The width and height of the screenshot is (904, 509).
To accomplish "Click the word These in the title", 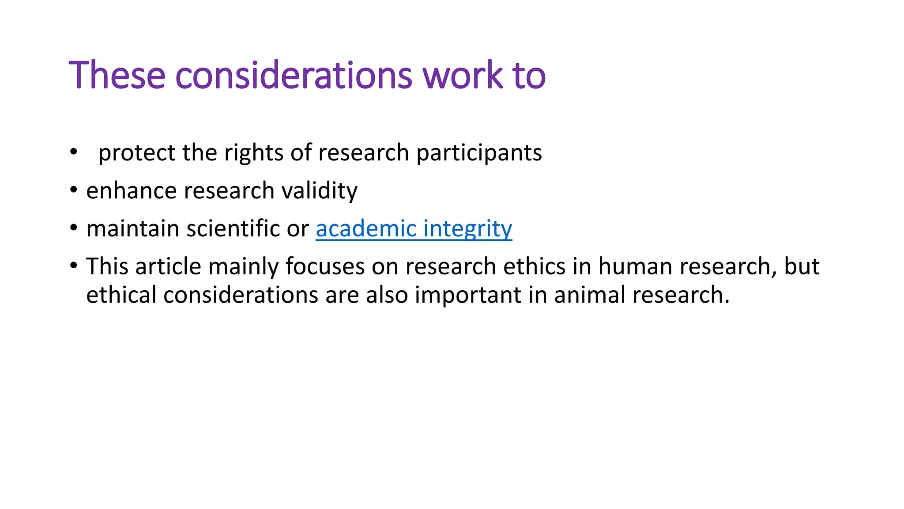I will pyautogui.click(x=117, y=75).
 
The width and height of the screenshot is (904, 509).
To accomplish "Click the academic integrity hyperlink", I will pyautogui.click(x=414, y=229).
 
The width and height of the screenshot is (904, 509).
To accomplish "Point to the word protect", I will pyautogui.click(x=137, y=153).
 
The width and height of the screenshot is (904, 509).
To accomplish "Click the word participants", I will pyautogui.click(x=479, y=153).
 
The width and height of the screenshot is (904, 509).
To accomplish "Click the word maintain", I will pyautogui.click(x=133, y=229).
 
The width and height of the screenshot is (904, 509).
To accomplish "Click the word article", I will pyautogui.click(x=168, y=266).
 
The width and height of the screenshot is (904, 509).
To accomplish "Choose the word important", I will pyautogui.click(x=467, y=295).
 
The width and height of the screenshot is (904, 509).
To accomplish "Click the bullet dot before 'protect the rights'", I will pyautogui.click(x=73, y=152).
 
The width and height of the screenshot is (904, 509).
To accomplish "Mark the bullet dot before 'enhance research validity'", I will pyautogui.click(x=73, y=190).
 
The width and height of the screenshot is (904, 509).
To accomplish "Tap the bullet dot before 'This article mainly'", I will pyautogui.click(x=73, y=266).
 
